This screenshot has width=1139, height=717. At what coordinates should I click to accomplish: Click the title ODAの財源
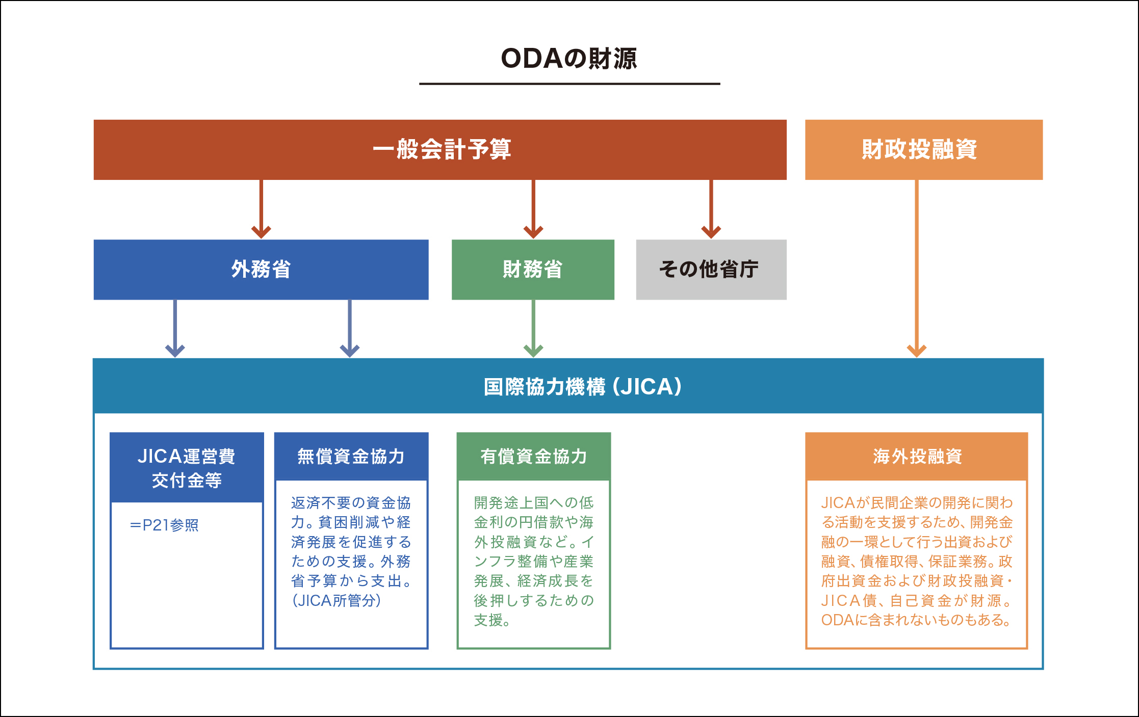(x=569, y=59)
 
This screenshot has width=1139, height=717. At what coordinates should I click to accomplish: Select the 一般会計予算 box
(x=440, y=150)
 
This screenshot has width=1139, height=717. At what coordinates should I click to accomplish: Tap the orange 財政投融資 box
(x=923, y=150)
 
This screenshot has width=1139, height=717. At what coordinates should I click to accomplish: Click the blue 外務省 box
(x=261, y=270)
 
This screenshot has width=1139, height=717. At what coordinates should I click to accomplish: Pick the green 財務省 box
(x=533, y=270)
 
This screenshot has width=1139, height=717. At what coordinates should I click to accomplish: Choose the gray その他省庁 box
(x=711, y=270)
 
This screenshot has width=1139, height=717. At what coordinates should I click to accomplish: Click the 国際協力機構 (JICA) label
(x=582, y=387)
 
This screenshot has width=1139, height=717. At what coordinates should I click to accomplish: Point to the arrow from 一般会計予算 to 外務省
(x=261, y=209)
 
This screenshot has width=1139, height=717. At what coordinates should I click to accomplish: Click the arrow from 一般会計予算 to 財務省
(x=533, y=209)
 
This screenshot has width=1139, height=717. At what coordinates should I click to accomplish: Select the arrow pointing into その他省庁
(x=711, y=209)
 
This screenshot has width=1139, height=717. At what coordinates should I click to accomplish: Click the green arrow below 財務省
(x=533, y=328)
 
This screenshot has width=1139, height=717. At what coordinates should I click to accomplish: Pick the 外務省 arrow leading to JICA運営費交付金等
(x=175, y=328)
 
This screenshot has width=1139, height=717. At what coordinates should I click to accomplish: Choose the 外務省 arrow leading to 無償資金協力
(x=350, y=328)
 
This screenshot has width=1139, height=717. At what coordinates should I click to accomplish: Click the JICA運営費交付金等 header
(x=187, y=468)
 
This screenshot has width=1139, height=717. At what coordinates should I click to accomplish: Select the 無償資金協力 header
(x=351, y=457)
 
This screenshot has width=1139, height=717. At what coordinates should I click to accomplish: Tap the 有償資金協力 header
(x=533, y=457)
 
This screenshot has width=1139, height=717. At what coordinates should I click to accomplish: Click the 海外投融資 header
(x=916, y=457)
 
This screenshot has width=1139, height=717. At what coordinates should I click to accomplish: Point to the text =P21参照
(x=164, y=525)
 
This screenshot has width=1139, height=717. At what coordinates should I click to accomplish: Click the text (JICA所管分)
(x=336, y=601)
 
